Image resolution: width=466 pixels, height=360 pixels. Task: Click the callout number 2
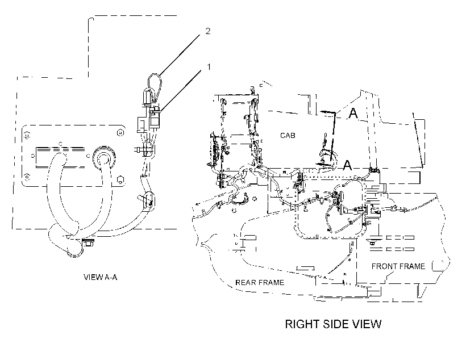208,31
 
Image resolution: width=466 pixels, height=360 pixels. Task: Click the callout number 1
209,67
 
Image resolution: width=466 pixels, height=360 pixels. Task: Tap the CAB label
288,136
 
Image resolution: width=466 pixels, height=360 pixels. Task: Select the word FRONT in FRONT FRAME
384,266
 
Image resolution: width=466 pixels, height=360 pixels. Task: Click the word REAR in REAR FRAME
245,282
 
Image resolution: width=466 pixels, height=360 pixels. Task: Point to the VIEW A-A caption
101,277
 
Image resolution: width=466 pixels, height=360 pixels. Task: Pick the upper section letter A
353,113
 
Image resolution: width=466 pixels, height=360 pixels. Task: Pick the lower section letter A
347,165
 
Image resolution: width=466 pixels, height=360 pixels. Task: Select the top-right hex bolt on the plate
120,132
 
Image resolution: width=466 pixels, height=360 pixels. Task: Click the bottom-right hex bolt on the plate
120,179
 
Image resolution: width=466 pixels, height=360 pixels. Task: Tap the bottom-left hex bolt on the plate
27,177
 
